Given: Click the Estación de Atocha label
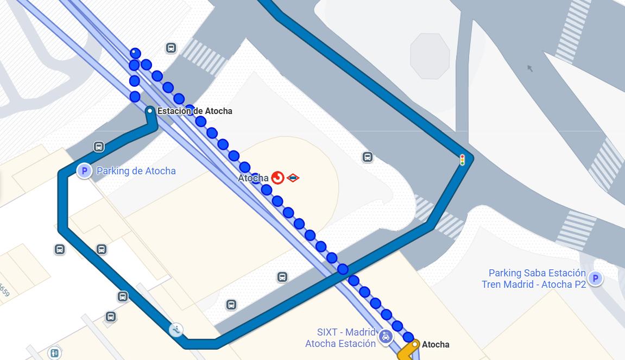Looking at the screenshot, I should [x=194, y=111].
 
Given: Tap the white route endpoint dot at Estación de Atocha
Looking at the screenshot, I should [x=150, y=111].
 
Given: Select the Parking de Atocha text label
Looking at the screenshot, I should [x=136, y=171].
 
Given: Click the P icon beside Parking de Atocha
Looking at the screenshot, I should [x=84, y=172].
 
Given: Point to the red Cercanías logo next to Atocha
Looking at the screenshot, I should [x=277, y=178].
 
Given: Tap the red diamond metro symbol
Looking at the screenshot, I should [x=293, y=178].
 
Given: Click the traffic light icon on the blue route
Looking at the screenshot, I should [x=462, y=160].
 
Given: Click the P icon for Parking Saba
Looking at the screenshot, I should [x=595, y=279].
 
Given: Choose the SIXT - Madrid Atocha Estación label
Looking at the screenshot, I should [x=340, y=338].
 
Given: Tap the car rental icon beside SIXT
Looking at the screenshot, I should [x=385, y=337].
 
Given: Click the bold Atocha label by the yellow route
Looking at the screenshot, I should [x=435, y=344].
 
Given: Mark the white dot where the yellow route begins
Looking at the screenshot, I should [x=415, y=344].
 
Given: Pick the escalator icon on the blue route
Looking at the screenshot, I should [x=176, y=329].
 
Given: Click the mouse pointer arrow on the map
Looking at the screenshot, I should [x=530, y=68].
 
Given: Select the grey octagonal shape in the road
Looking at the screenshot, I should [x=430, y=56].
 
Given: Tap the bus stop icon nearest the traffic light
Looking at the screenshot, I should [x=368, y=157].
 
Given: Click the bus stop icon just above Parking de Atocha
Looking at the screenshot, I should [x=99, y=147].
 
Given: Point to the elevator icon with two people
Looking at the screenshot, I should [x=54, y=353].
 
